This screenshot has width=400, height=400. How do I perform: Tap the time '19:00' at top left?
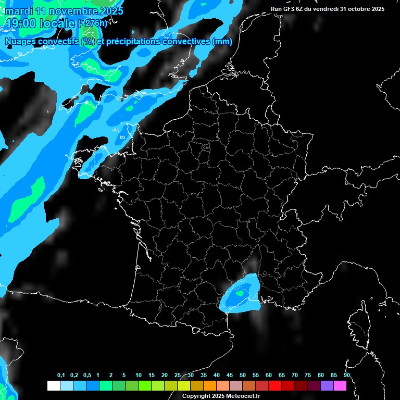click(x=20, y=23)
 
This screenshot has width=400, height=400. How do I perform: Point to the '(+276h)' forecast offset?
click(x=92, y=23)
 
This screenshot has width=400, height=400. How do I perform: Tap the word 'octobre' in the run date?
click(x=356, y=9)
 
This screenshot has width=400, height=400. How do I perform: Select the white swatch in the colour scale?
click(x=53, y=385)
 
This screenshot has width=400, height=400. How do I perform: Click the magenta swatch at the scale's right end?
click(x=340, y=385)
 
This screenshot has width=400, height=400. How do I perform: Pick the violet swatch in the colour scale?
click(x=327, y=385)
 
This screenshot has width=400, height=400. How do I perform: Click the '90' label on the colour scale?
click(x=347, y=375)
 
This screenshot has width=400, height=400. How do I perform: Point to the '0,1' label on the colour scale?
click(x=61, y=375)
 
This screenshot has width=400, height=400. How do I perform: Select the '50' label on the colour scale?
click(x=243, y=375)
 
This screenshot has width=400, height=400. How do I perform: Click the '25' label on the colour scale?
click(x=178, y=375)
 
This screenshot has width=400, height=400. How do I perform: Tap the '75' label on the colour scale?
click(x=308, y=375)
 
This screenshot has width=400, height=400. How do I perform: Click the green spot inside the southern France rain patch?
click(x=239, y=293)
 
